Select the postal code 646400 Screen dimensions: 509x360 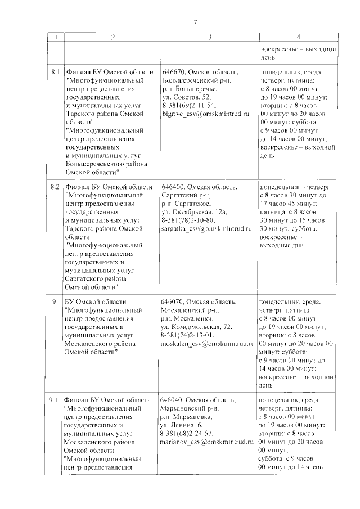tap(173, 187)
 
